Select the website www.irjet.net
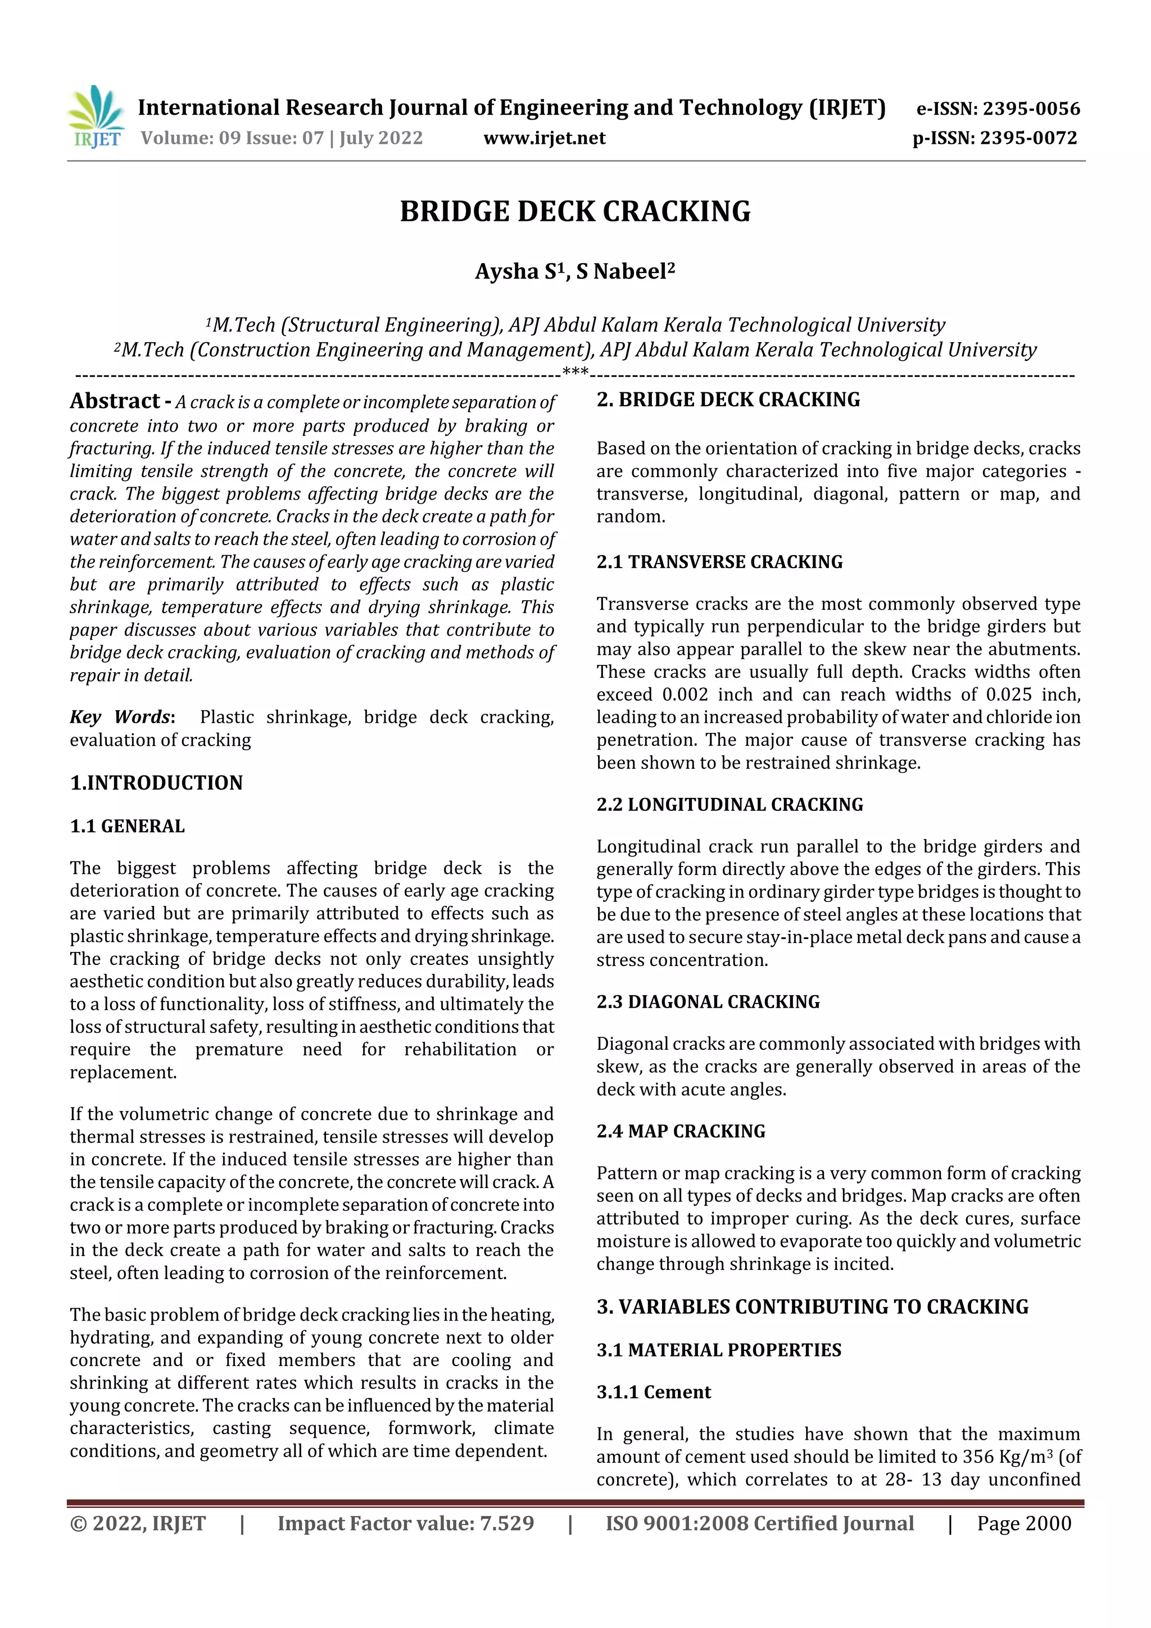544,138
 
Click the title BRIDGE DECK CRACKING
575,212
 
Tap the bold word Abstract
115,401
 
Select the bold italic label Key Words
121,717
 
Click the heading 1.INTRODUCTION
156,783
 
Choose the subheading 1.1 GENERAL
127,826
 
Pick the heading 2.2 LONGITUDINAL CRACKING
729,805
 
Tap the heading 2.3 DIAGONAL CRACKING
707,1002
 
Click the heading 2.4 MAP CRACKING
680,1131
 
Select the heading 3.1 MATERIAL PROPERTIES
718,1350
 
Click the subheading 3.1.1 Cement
653,1392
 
